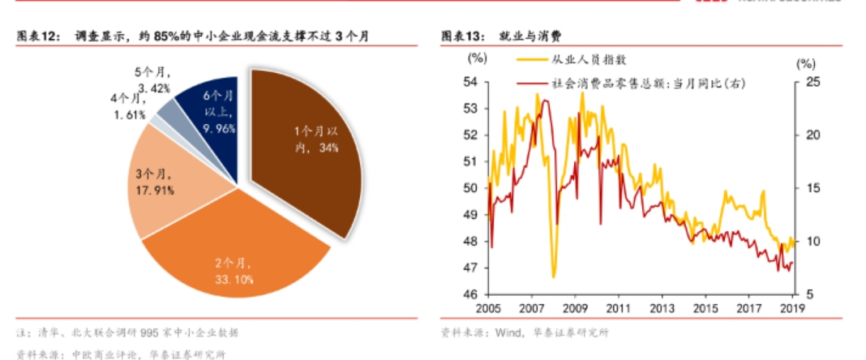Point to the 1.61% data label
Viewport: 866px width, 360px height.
[x=128, y=114]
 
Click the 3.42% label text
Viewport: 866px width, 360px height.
[x=153, y=88]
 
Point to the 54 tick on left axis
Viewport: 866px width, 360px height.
[x=471, y=82]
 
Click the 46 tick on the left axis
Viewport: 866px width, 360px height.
[x=471, y=294]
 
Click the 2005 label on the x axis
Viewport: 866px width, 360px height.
[x=487, y=309]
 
